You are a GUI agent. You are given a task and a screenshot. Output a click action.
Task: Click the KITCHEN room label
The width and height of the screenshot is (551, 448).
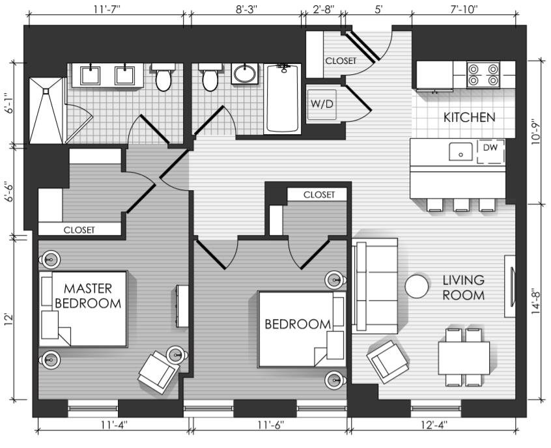[x=469, y=117]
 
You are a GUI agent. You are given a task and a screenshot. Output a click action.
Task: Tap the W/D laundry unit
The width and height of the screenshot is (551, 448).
[x=322, y=104]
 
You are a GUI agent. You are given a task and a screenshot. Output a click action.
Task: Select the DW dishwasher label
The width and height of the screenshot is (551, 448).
[x=490, y=148]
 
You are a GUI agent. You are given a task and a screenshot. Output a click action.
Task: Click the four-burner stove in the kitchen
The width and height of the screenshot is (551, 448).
[x=483, y=75]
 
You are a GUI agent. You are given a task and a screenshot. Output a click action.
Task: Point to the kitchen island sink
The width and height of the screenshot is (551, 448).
[x=460, y=152]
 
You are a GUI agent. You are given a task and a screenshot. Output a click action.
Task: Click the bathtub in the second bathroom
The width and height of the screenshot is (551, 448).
[x=283, y=99]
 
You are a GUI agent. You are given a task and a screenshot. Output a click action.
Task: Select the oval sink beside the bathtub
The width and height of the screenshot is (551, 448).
[x=245, y=74]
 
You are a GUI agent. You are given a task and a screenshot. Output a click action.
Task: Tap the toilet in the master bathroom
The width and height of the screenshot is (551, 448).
[x=163, y=77]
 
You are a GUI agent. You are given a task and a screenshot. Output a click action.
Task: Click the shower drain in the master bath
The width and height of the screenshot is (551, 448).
[x=46, y=91]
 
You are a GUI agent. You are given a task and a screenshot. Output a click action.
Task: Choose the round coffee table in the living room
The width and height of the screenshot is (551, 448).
[x=417, y=286]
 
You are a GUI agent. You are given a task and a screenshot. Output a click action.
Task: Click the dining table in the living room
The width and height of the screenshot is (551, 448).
[x=464, y=358]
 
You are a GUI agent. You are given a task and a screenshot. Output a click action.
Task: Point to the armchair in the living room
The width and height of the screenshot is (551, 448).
[x=388, y=361]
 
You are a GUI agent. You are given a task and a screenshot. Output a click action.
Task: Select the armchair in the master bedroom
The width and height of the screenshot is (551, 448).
[x=158, y=372]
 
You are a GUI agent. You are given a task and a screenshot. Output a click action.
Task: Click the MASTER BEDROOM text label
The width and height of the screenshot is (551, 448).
[x=88, y=296]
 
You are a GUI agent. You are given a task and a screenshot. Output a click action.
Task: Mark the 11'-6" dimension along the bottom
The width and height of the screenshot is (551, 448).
[x=270, y=425]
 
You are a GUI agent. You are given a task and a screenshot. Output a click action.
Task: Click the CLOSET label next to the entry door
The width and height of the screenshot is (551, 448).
[x=341, y=61]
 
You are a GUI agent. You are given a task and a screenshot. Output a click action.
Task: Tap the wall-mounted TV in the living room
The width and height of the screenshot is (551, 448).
[x=509, y=287]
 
